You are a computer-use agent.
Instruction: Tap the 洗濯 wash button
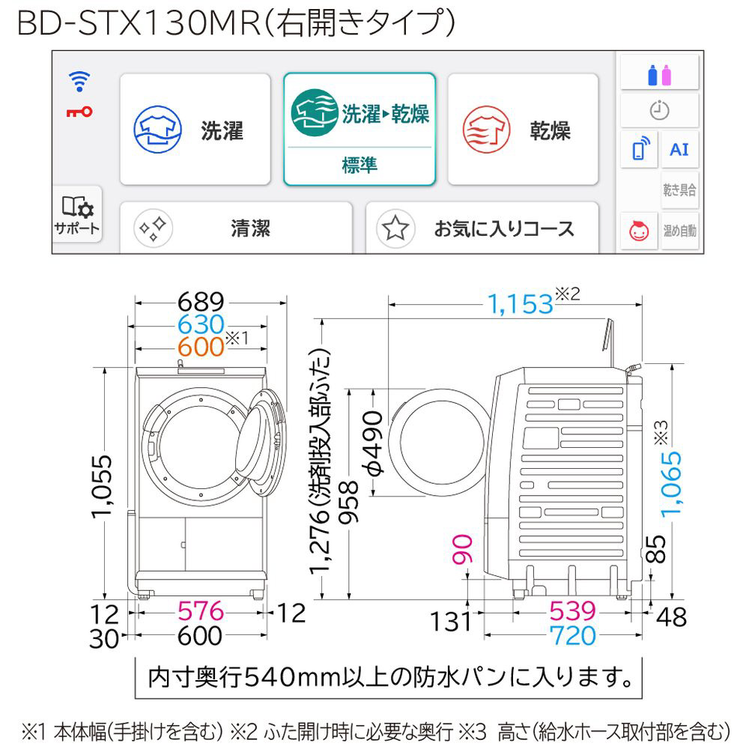click(195, 129)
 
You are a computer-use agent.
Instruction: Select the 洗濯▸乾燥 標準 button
click(360, 129)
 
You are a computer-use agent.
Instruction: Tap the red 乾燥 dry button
click(523, 129)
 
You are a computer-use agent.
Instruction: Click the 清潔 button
click(236, 228)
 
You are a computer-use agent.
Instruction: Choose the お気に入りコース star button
click(482, 228)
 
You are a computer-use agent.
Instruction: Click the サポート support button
click(77, 214)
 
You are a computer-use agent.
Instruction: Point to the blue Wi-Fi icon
click(79, 82)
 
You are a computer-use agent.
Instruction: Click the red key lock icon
click(79, 112)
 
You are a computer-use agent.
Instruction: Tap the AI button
click(679, 150)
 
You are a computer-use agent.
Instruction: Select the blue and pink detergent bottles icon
click(659, 72)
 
